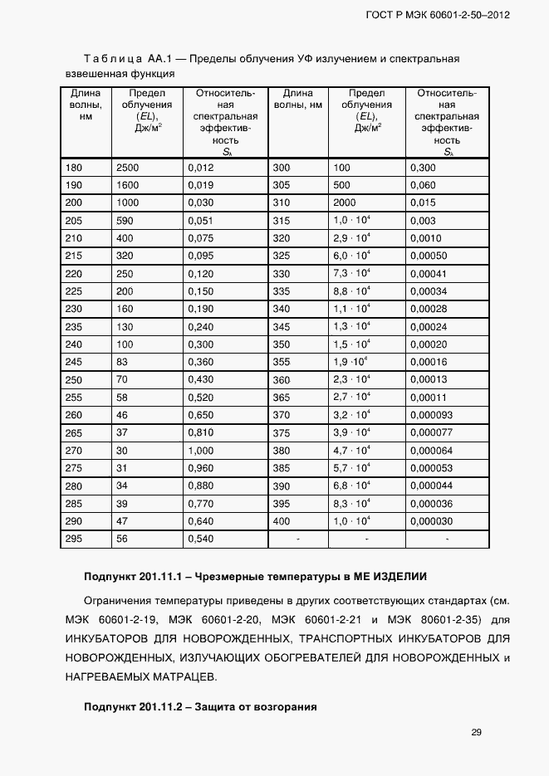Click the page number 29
click(476, 732)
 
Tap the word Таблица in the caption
click(113, 60)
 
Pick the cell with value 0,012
click(201, 168)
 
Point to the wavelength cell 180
click(74, 168)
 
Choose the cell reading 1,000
click(201, 451)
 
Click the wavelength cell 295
click(74, 539)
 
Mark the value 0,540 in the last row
click(201, 539)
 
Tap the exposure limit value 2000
click(345, 203)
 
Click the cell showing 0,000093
click(431, 415)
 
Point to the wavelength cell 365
click(282, 398)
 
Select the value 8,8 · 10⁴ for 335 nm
click(351, 291)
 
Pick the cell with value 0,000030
click(431, 521)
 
